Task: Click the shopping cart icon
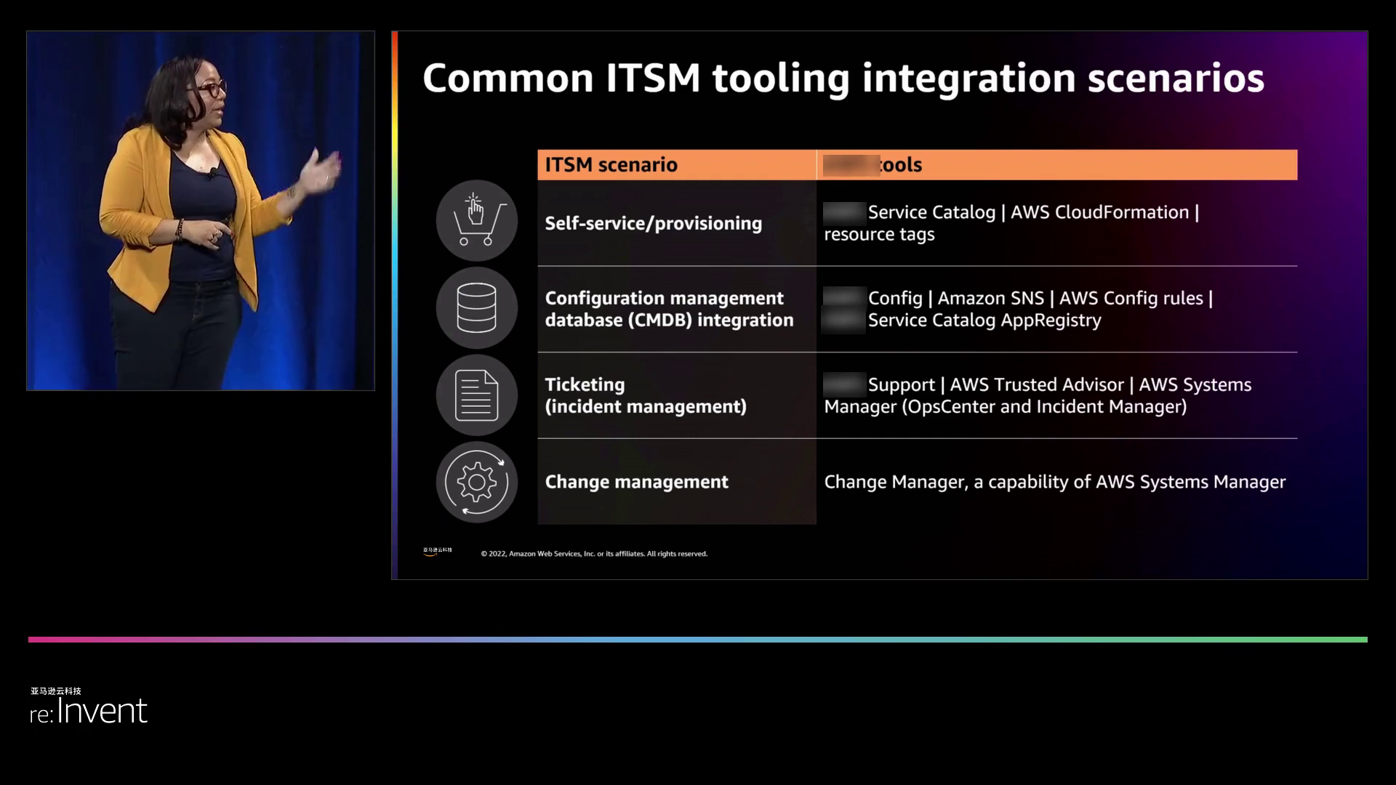[x=477, y=221]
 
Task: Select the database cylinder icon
[x=477, y=308]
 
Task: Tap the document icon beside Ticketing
[x=477, y=395]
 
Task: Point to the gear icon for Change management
[x=477, y=482]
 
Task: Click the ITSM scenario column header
[x=611, y=165]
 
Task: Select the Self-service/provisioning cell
[x=653, y=223]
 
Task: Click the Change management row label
[x=636, y=482]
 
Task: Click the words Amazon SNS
[x=990, y=298]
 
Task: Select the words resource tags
[x=879, y=234]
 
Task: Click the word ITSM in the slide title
[x=652, y=78]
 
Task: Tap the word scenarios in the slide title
[x=1176, y=78]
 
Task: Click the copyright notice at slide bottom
[x=594, y=554]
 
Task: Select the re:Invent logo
[x=89, y=710]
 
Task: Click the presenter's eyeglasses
[x=209, y=89]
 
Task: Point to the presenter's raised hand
[x=321, y=171]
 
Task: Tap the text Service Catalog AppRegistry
[x=984, y=320]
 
